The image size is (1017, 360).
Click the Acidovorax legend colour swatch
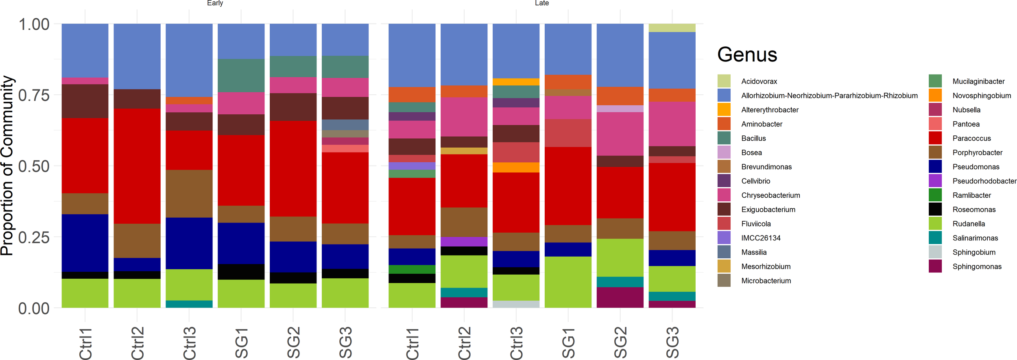click(x=724, y=81)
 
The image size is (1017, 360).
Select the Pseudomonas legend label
click(x=976, y=167)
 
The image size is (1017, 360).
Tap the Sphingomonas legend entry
click(x=977, y=266)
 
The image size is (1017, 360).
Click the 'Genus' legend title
click(x=747, y=55)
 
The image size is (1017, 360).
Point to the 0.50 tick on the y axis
click(x=34, y=166)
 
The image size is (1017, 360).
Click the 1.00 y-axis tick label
click(x=34, y=24)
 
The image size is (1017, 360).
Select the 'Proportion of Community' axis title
click(x=7, y=166)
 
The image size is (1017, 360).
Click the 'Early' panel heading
click(x=215, y=3)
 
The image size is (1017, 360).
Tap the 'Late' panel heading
click(x=541, y=3)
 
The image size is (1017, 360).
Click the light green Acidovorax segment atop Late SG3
click(x=672, y=28)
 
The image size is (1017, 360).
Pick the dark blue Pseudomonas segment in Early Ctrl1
click(x=85, y=242)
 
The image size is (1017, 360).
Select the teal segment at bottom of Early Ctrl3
click(x=189, y=304)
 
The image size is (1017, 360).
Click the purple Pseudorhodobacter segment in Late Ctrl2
click(x=464, y=242)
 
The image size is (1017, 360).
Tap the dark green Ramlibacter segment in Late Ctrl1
click(x=412, y=269)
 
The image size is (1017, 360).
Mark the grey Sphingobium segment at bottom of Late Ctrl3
click(x=516, y=304)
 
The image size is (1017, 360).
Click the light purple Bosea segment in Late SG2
click(x=620, y=109)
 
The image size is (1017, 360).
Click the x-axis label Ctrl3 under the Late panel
click(x=516, y=343)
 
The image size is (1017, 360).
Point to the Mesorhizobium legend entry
click(x=766, y=266)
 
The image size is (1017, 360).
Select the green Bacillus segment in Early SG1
click(x=241, y=76)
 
